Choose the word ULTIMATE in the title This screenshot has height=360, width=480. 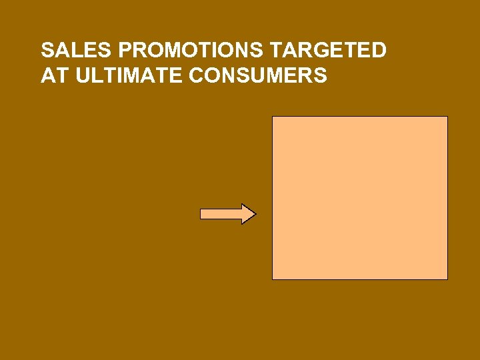coord(130,76)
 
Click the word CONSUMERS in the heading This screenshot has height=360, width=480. coord(258,76)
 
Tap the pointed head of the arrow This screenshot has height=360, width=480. coord(248,214)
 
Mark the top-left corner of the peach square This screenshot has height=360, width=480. coord(273,117)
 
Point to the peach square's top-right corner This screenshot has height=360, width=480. coord(447,117)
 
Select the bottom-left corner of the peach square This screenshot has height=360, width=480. coord(273,279)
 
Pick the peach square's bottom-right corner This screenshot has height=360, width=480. coord(447,279)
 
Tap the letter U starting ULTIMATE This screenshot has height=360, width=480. coord(83,76)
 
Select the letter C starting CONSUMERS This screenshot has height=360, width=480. coord(197,76)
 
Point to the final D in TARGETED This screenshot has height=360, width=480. coord(379,51)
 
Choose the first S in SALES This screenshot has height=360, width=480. coord(47,51)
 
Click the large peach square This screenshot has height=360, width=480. coord(360,198)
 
